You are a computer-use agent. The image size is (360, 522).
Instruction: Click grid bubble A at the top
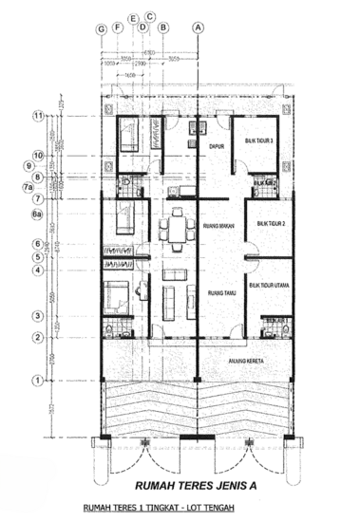[x=198, y=28]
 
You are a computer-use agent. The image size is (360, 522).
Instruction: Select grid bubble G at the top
[x=101, y=28]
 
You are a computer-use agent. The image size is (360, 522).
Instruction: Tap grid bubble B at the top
[x=163, y=28]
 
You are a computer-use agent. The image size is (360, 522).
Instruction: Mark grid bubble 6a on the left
[x=39, y=216]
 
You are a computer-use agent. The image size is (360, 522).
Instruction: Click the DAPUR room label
[x=216, y=147]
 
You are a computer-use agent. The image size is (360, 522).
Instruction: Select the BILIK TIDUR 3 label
[x=258, y=140]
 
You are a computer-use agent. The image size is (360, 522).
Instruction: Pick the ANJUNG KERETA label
[x=246, y=362]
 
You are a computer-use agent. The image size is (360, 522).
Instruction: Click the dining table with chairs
[x=174, y=231]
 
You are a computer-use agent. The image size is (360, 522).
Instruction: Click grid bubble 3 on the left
[x=39, y=315]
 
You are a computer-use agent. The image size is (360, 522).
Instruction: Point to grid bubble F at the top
[x=117, y=28]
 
